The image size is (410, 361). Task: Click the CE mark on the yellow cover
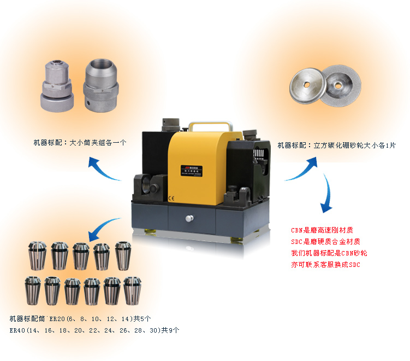(x=171, y=199)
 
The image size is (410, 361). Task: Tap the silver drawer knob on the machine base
(x=189, y=218)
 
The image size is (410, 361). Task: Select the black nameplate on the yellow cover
(x=191, y=170)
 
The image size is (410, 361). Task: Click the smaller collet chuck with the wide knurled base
(x=57, y=86)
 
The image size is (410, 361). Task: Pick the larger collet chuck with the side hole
(x=101, y=86)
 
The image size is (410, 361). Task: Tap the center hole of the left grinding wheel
(x=307, y=85)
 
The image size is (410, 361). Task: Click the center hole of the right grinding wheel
(x=338, y=85)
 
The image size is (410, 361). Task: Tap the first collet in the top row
(x=37, y=255)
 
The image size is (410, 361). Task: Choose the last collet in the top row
(x=123, y=255)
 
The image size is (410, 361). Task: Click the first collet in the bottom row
(x=33, y=290)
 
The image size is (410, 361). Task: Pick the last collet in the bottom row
(x=132, y=291)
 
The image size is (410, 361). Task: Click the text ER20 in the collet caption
(x=57, y=319)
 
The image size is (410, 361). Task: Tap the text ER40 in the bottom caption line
(x=17, y=330)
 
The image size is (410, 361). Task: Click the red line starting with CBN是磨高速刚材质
(x=322, y=230)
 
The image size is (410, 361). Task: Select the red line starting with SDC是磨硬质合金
(x=325, y=242)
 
